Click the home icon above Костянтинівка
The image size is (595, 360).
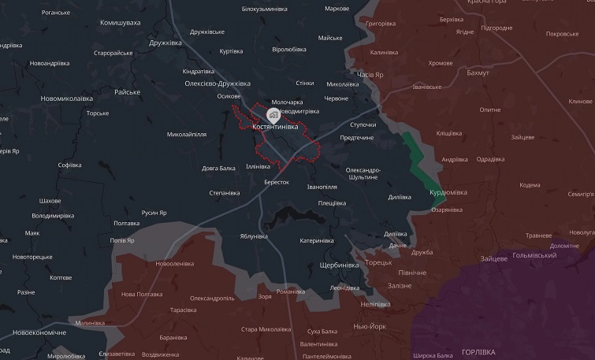point(273,114)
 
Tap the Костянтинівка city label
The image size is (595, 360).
point(275,127)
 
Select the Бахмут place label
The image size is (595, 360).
point(478,72)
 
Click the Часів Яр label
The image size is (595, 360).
point(370,75)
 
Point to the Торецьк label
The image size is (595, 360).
point(377,262)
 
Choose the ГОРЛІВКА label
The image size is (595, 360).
point(478,351)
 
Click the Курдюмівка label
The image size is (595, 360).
point(448,192)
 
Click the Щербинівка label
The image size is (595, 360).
point(340,265)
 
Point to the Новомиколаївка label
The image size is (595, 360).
point(66,98)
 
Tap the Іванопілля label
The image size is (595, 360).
point(322,187)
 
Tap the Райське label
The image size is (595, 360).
point(127,92)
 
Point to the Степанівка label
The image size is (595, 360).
point(224,193)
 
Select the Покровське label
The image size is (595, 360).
point(562,34)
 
